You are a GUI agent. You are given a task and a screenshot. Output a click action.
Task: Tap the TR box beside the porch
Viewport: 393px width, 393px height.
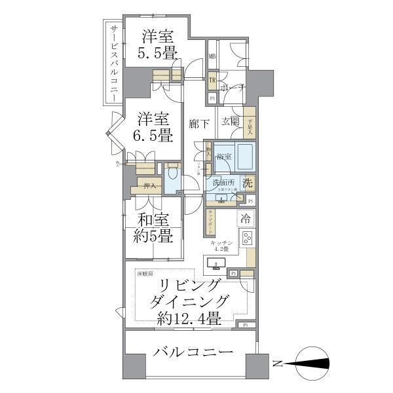pyautogui.click(x=212, y=81)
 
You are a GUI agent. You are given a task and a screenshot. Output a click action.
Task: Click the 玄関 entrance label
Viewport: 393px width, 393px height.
pyautogui.click(x=230, y=121)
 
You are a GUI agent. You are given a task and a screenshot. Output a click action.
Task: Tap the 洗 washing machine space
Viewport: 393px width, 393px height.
pyautogui.click(x=247, y=184)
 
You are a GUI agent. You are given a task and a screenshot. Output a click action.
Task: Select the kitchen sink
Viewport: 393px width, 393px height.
pyautogui.click(x=215, y=265)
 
